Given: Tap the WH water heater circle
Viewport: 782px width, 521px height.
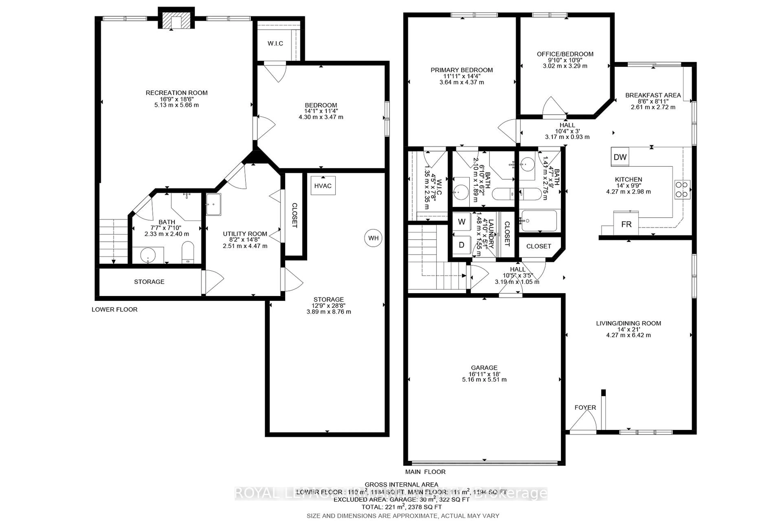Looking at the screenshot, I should point(373,238).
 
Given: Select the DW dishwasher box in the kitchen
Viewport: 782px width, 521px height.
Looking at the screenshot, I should point(620,157).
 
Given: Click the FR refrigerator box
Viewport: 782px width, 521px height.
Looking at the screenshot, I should point(626,224).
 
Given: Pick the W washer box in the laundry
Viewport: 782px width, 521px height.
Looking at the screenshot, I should point(461,222).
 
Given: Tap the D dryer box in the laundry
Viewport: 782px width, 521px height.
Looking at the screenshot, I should point(461,245).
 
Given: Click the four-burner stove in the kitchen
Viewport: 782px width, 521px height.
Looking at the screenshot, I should point(682,190).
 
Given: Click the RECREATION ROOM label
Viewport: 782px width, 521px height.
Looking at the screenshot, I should point(177,93).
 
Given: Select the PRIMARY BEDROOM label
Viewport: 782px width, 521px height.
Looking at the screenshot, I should point(461,70).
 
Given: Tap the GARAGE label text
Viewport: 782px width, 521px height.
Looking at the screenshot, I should point(484,368).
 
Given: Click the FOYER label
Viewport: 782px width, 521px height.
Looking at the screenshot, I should point(585,407).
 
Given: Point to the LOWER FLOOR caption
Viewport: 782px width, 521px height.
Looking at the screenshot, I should point(114,309).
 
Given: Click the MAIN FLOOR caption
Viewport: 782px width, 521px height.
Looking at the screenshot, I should point(425,472).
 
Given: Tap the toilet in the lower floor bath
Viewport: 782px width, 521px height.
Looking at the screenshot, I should point(188,252).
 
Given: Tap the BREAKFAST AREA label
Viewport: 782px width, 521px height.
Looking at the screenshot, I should point(653,95).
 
